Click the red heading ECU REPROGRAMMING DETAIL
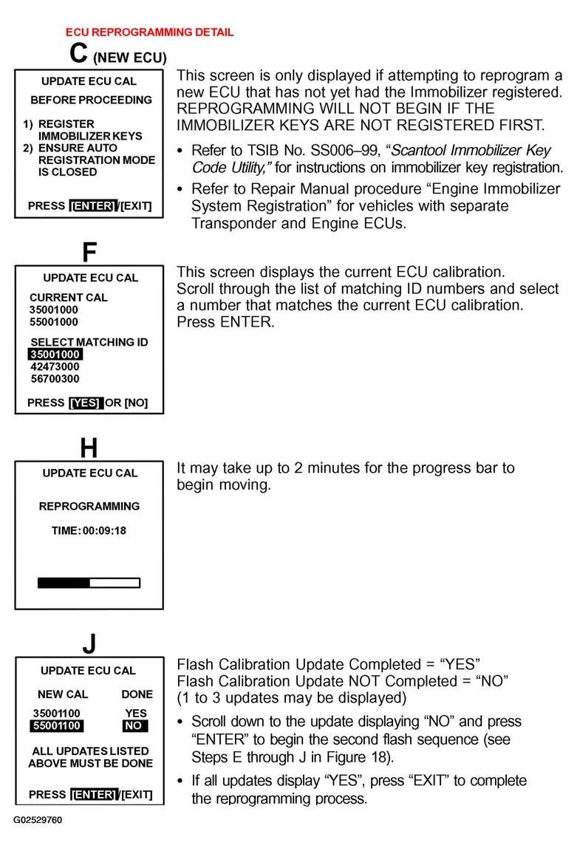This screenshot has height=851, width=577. pyautogui.click(x=149, y=33)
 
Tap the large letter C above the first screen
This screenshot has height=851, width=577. pyautogui.click(x=79, y=53)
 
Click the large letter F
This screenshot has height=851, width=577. pyautogui.click(x=89, y=253)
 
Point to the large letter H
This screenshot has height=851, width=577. pyautogui.click(x=89, y=448)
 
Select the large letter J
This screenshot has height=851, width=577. pyautogui.click(x=89, y=643)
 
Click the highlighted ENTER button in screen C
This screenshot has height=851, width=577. pyautogui.click(x=92, y=206)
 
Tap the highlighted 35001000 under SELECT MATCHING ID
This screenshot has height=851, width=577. pyautogui.click(x=55, y=355)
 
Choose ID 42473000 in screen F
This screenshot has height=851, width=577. pyautogui.click(x=55, y=366)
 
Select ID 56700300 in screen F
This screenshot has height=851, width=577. pyautogui.click(x=55, y=378)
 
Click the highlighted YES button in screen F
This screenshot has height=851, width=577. pyautogui.click(x=86, y=403)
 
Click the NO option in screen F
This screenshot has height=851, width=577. pyautogui.click(x=136, y=403)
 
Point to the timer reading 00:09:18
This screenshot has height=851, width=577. pyautogui.click(x=104, y=530)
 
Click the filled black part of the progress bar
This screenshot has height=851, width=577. pyautogui.click(x=64, y=583)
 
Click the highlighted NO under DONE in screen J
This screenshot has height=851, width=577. pyautogui.click(x=135, y=726)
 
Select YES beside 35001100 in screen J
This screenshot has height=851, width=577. pyautogui.click(x=136, y=714)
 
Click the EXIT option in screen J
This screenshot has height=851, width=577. pyautogui.click(x=137, y=794)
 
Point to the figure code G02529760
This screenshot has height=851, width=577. pyautogui.click(x=38, y=820)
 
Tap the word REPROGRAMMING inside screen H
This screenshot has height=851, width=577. pyautogui.click(x=89, y=506)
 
